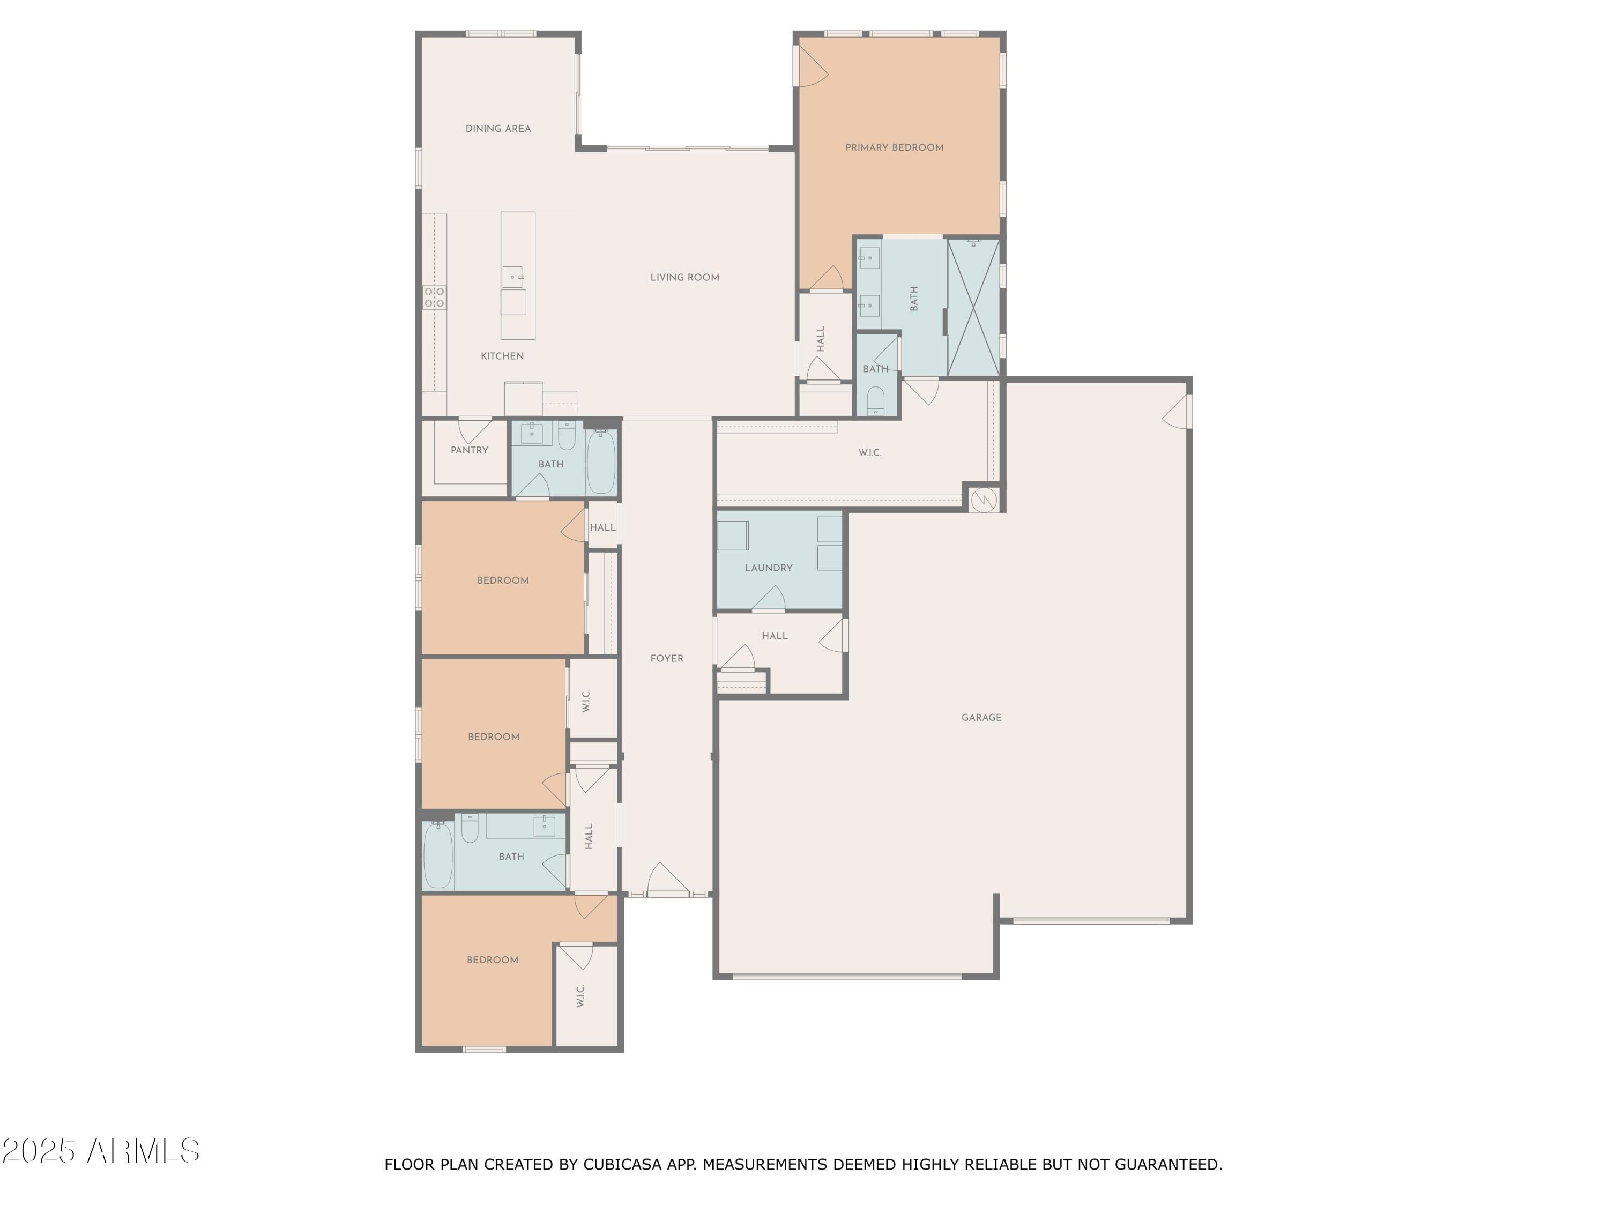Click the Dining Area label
pos(498,129)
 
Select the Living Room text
pos(685,277)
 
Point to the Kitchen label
pos(502,356)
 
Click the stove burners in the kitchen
pos(435,297)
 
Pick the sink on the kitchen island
pos(512,277)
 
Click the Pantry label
pos(470,450)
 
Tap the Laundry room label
pos(769,568)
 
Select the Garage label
pos(981,718)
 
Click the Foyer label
pos(667,659)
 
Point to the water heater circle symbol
pos(984,498)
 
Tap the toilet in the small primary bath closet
pos(876,400)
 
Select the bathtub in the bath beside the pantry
pos(600,463)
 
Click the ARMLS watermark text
pos(143,1151)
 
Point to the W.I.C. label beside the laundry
pos(869,453)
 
